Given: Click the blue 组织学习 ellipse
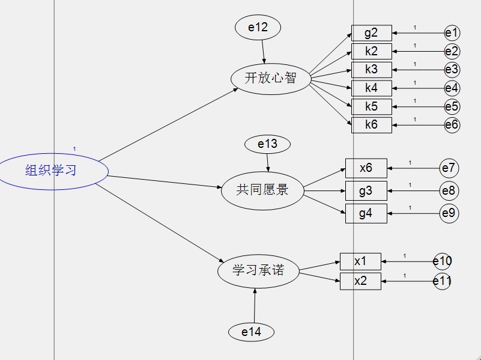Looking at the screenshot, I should [x=52, y=171].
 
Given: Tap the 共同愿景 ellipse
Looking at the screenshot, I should [x=262, y=191].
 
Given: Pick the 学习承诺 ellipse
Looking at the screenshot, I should [x=258, y=271].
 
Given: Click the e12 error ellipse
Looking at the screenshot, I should [x=258, y=27].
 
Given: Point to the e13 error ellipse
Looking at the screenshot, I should [x=268, y=144].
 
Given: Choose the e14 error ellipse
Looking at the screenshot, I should [x=252, y=331].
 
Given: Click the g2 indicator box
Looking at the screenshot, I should [x=372, y=33].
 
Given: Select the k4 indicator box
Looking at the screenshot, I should [x=372, y=88].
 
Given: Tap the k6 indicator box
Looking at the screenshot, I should [x=372, y=125].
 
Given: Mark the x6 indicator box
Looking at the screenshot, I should [x=366, y=168].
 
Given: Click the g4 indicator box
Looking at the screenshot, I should [x=366, y=213].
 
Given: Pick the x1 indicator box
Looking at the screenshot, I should [x=360, y=261].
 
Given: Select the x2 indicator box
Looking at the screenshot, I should [x=360, y=281].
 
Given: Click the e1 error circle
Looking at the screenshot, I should [x=452, y=33].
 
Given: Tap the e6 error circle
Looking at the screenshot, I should [x=452, y=125].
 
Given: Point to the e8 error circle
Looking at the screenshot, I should [x=449, y=191].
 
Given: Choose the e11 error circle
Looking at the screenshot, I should [x=443, y=281].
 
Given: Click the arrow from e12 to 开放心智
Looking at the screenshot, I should [x=262, y=51].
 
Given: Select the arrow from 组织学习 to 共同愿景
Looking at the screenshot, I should [x=165, y=182].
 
